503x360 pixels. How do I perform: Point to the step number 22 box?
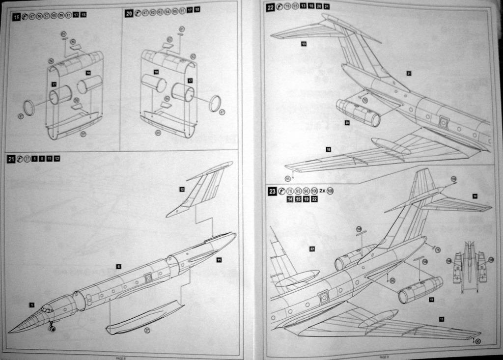tap(271, 7)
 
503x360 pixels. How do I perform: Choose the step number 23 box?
tap(272, 192)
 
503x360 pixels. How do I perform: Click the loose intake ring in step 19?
tap(29, 108)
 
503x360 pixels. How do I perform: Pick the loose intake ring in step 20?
tap(215, 103)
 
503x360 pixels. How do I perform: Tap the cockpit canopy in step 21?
tap(47, 309)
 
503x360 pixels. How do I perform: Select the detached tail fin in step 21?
tap(201, 189)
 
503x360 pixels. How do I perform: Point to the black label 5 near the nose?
tap(32, 305)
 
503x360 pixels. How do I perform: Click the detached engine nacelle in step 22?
tap(358, 113)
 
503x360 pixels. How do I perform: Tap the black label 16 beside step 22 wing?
tap(328, 149)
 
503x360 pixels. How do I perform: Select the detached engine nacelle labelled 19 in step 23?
tap(420, 289)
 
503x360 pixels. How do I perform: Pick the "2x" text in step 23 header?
tap(323, 191)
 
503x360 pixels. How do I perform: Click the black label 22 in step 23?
tap(312, 249)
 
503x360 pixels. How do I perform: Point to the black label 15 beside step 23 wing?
tap(441, 319)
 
